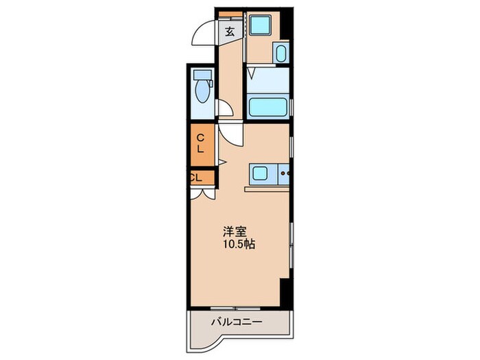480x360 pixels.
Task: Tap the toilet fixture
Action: [202, 88]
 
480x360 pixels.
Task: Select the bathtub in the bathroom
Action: [267, 106]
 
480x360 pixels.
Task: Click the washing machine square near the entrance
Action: [261, 26]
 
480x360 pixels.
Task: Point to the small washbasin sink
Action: [280, 53]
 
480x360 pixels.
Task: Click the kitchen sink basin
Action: [261, 174]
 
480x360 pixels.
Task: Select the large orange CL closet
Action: [202, 145]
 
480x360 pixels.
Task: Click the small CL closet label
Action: [195, 177]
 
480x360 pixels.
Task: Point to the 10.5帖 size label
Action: [238, 243]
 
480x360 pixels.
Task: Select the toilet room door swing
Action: [224, 110]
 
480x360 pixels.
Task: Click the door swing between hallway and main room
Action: [232, 134]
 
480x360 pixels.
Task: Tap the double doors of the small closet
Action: [203, 193]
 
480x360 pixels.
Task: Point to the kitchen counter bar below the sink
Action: [266, 187]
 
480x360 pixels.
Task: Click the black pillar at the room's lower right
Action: [286, 291]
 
